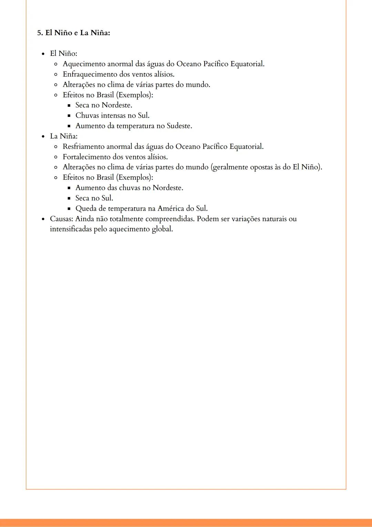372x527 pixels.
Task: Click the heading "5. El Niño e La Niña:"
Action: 74,33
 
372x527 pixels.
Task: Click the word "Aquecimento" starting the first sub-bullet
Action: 84,64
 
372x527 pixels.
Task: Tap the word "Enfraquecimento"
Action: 90,74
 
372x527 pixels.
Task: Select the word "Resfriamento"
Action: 83,147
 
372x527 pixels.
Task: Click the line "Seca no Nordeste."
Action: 104,105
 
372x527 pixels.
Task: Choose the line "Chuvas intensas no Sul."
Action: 112,116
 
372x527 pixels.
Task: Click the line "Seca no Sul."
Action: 94,198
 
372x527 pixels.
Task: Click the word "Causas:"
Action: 61,219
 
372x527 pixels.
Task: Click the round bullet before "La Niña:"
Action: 43,137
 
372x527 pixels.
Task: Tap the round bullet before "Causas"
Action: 43,219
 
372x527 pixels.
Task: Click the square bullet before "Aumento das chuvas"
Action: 69,188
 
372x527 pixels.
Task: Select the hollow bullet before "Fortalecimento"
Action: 56,157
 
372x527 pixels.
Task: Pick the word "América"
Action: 170,209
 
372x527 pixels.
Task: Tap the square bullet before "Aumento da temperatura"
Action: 69,126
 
